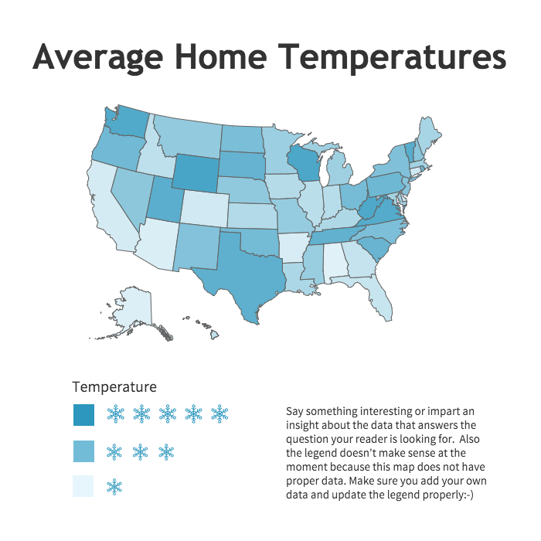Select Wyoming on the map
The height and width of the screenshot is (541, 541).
tap(196, 172)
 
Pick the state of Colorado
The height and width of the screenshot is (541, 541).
tap(204, 208)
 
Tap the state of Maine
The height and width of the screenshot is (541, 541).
tap(428, 136)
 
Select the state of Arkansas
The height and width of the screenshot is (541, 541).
tap(293, 248)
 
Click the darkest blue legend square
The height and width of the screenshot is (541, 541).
tap(83, 415)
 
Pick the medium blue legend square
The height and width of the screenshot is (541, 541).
tap(83, 451)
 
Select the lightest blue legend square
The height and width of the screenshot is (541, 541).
tap(83, 486)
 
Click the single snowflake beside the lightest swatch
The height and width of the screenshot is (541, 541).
tap(114, 486)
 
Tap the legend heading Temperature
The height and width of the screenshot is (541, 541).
tap(114, 386)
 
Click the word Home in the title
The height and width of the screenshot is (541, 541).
tap(221, 56)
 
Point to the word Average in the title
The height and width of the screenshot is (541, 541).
tap(97, 59)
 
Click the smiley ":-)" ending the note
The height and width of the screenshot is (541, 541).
tap(468, 495)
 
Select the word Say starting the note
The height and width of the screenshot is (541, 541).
tap(294, 412)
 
